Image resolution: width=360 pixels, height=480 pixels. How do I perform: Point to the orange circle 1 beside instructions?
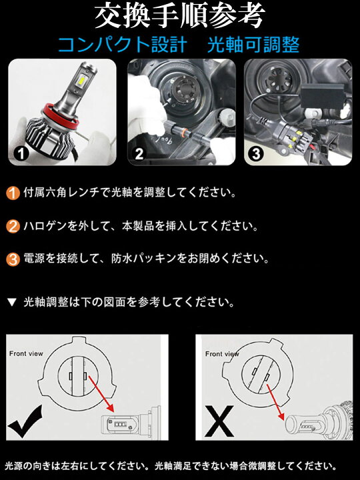click(13, 193)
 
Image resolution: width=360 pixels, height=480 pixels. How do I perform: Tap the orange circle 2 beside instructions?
click(13, 225)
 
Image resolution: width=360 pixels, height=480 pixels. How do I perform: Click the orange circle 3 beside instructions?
click(13, 257)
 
